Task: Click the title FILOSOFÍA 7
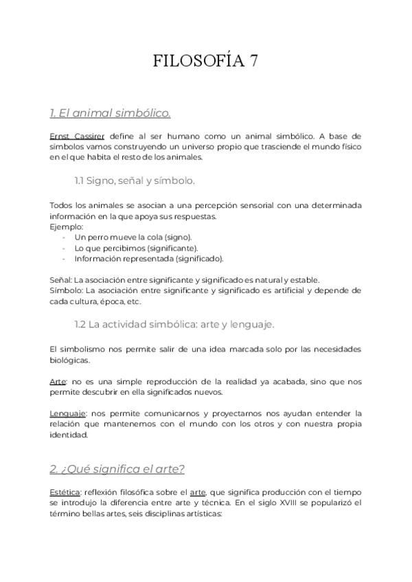[x=205, y=62]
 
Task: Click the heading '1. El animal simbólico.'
[x=110, y=113]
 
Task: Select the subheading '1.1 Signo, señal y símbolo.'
[x=135, y=181]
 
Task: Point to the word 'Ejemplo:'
[x=66, y=226]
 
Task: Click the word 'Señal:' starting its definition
[x=60, y=279]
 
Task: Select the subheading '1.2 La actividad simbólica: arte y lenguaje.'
[x=174, y=323]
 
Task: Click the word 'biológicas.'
[x=69, y=360]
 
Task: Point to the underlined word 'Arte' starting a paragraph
[x=57, y=381]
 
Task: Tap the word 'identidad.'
[x=68, y=435]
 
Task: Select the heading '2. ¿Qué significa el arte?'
[x=117, y=469]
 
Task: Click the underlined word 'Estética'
[x=65, y=492]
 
